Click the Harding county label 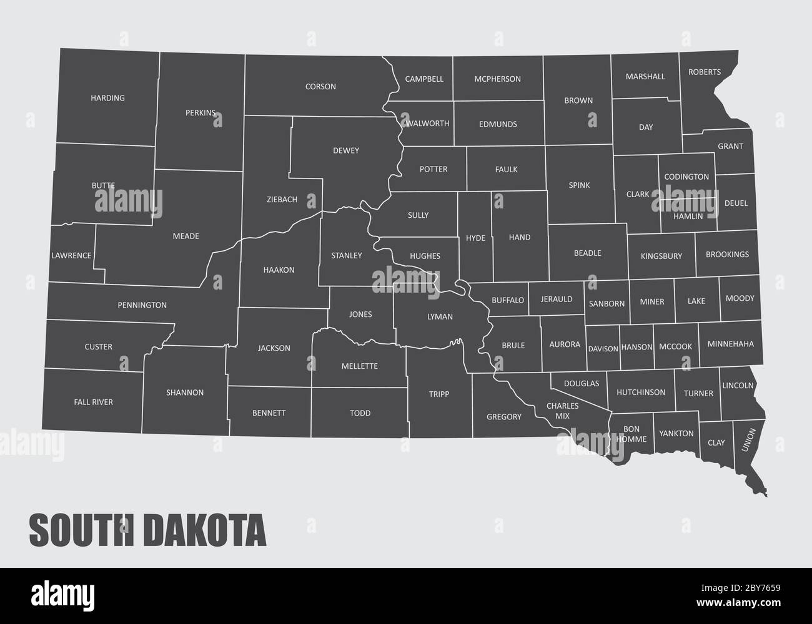[x=107, y=98]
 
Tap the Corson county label [x=320, y=87]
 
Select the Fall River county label [x=93, y=402]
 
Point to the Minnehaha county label [x=730, y=344]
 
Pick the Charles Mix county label [x=562, y=411]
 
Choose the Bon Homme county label [x=631, y=434]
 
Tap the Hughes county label [x=425, y=256]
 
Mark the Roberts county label [x=705, y=72]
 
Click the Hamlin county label [x=688, y=216]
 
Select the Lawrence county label [x=71, y=255]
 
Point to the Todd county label [x=360, y=413]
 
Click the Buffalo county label [x=508, y=300]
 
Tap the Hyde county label [x=475, y=238]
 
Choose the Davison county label [x=603, y=349]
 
